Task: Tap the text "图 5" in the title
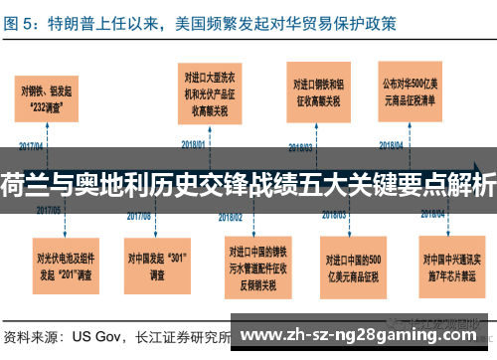21,20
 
